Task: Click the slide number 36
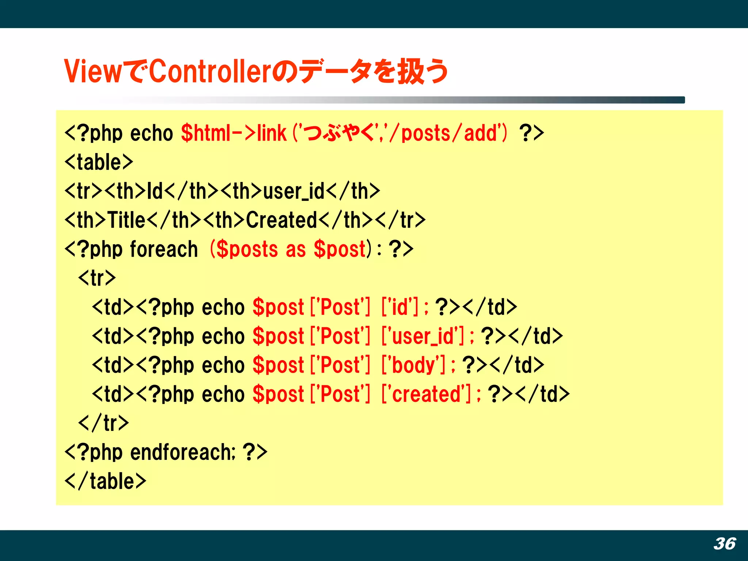click(725, 543)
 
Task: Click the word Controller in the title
click(210, 71)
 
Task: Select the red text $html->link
click(234, 133)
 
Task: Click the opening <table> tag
click(99, 162)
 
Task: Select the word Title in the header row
click(126, 220)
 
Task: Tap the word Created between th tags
click(281, 220)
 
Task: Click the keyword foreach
click(164, 249)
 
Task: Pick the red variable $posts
click(247, 249)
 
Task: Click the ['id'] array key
click(400, 307)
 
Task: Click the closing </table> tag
click(106, 481)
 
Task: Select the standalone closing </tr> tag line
click(104, 423)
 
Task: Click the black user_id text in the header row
click(294, 191)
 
